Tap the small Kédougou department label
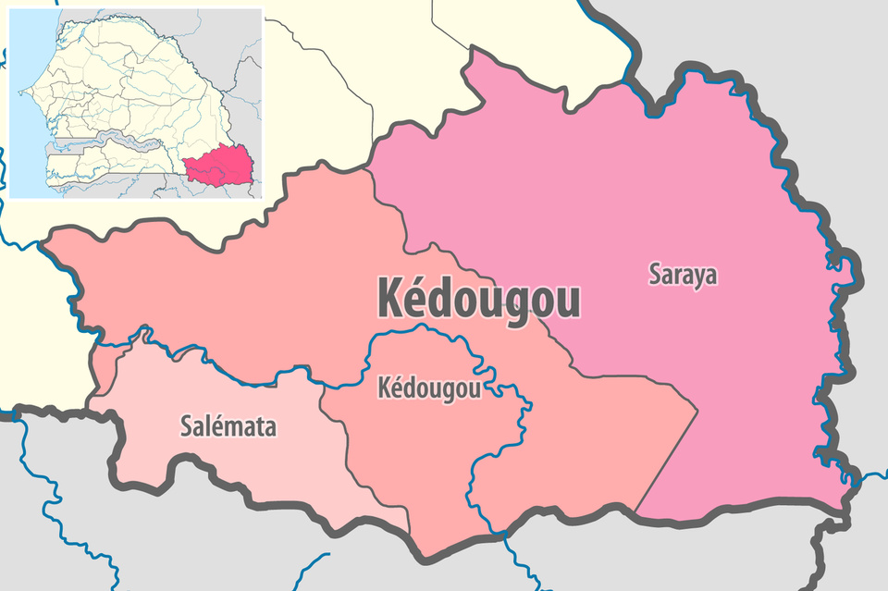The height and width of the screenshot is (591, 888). coord(429,388)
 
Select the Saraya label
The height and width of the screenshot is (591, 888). coord(683,275)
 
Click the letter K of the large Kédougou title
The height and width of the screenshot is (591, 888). coord(388,298)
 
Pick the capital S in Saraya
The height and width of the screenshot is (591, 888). coord(655,275)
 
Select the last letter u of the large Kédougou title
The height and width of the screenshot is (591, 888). coord(570,302)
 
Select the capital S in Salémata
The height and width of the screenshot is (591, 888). coord(184,427)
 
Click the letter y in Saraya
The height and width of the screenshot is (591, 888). coord(697,277)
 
